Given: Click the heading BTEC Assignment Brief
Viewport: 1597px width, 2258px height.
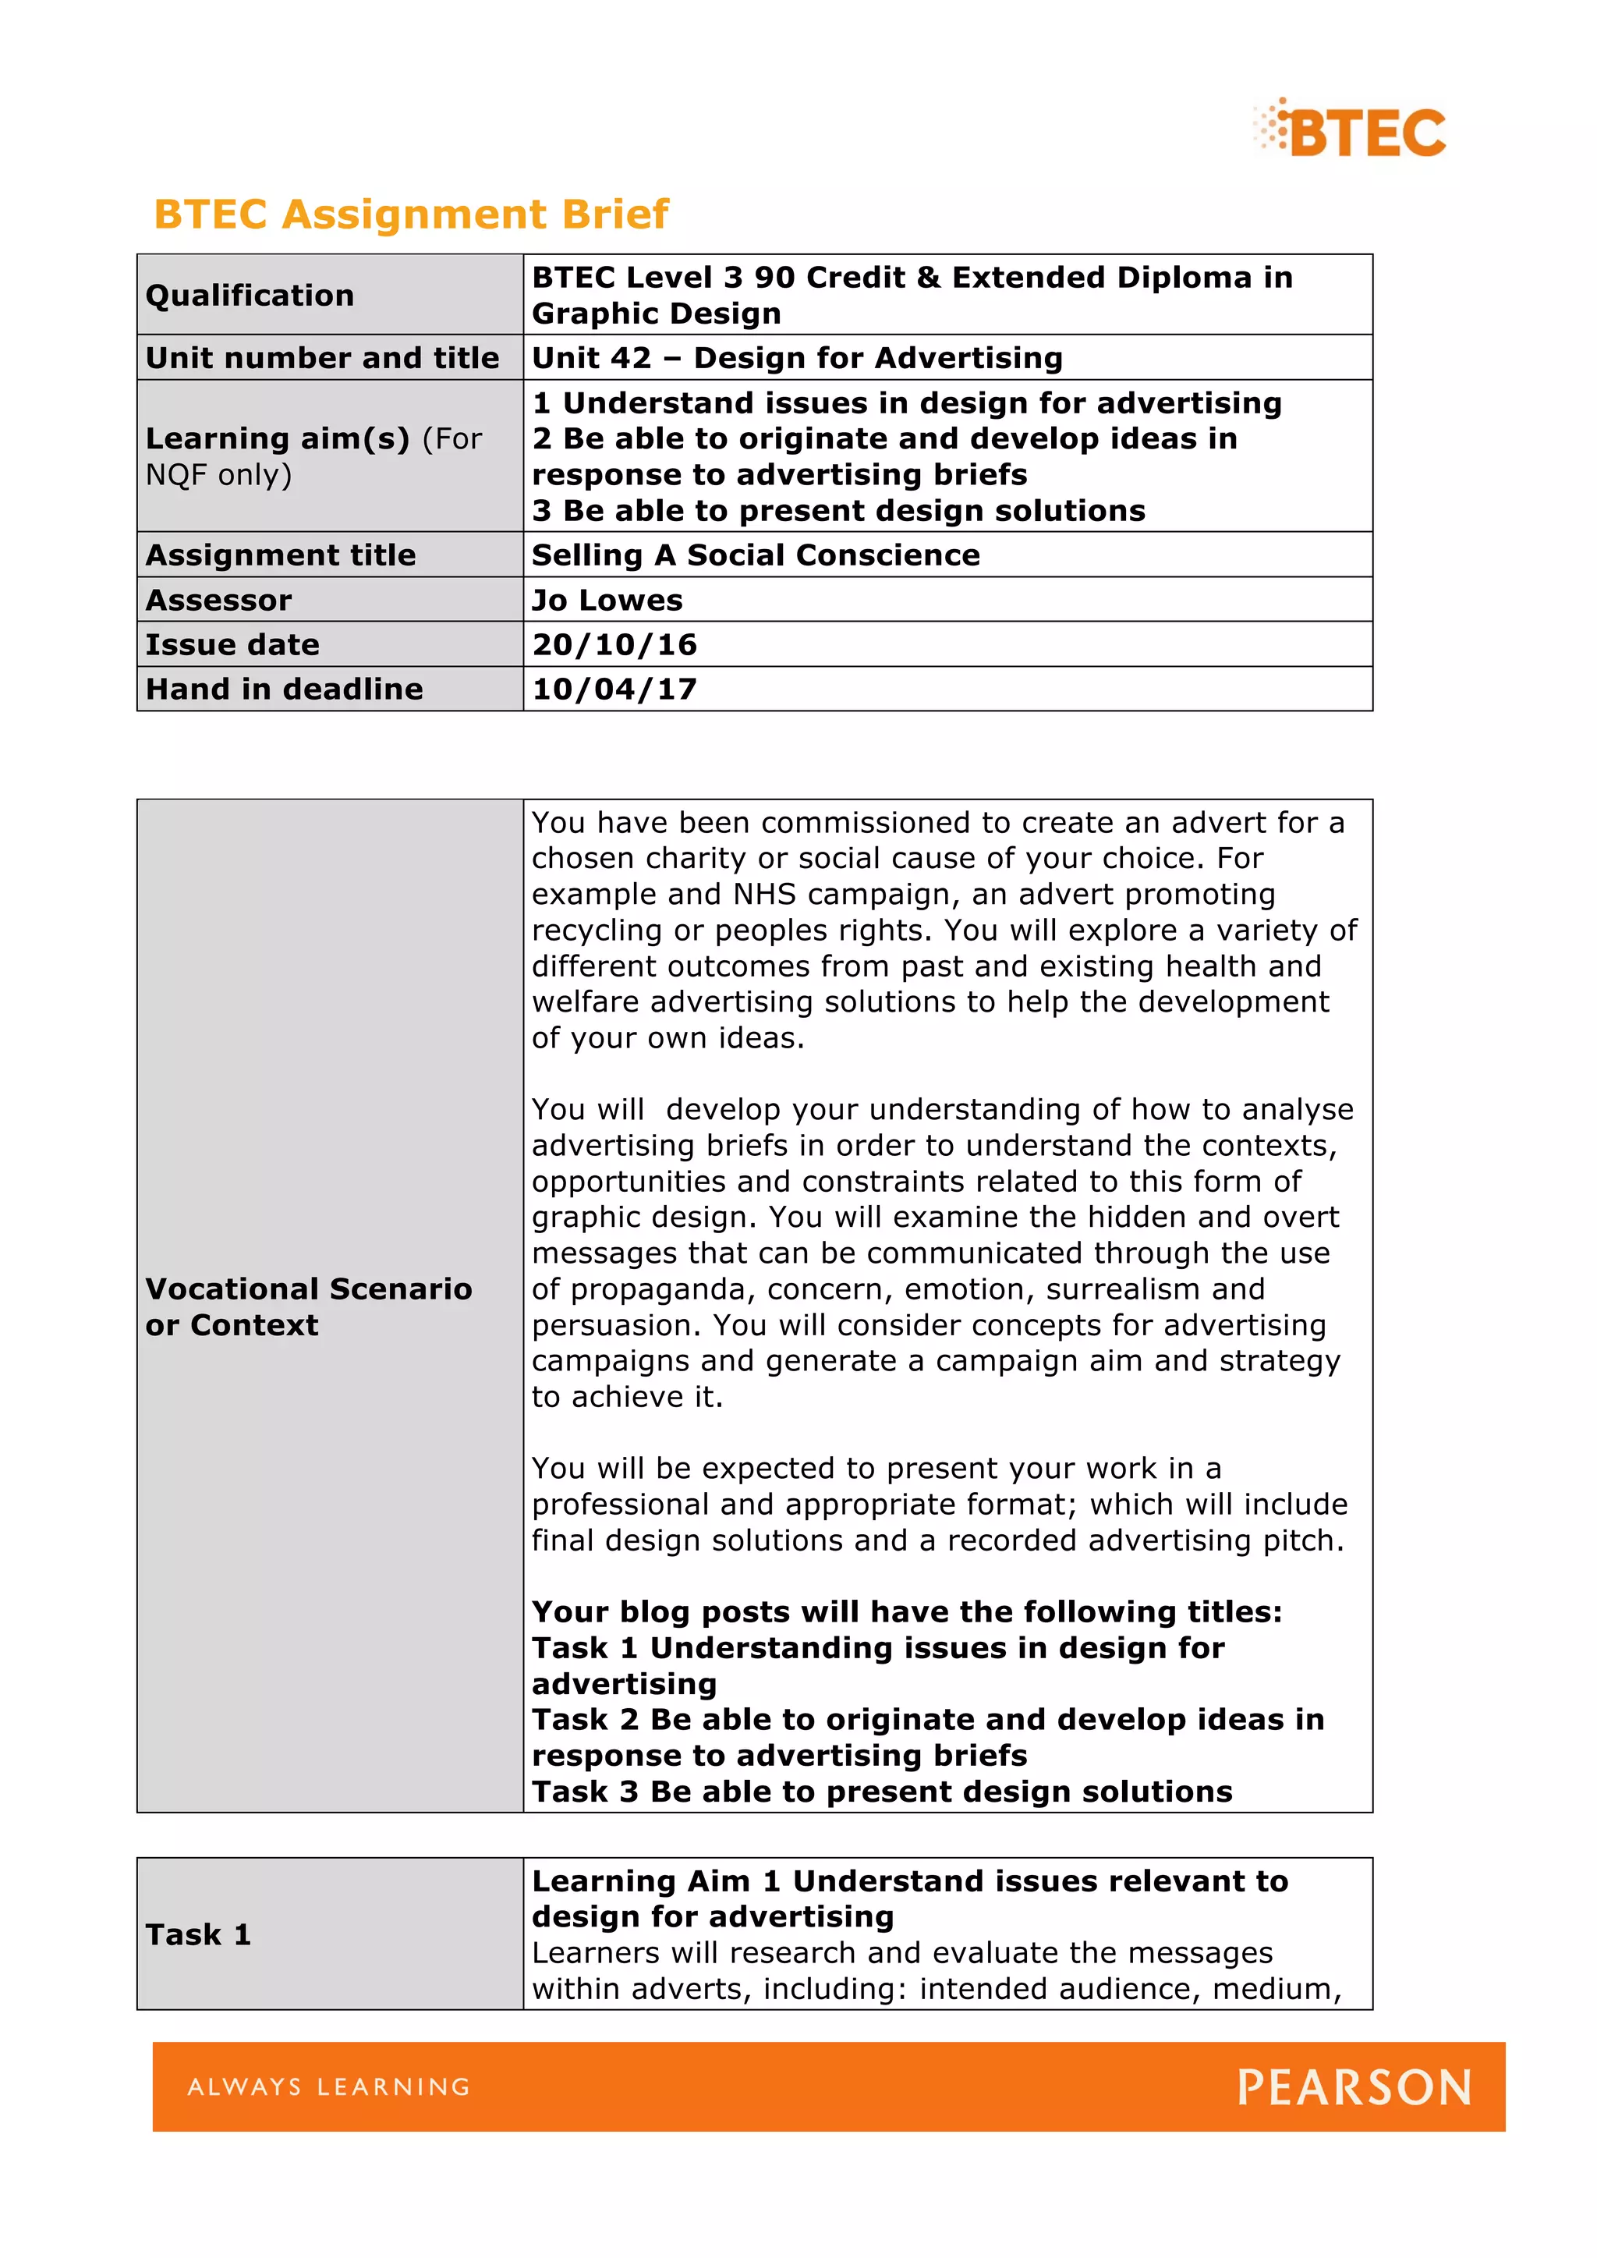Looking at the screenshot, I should [411, 214].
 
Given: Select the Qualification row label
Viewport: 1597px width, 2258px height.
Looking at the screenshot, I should [250, 295].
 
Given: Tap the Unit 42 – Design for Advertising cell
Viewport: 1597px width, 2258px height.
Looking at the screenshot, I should [796, 358].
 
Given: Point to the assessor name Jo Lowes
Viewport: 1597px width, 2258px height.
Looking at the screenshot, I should [607, 600].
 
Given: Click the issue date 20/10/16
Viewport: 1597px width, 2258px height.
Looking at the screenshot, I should [614, 645].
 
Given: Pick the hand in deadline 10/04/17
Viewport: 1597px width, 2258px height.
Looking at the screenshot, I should [614, 689].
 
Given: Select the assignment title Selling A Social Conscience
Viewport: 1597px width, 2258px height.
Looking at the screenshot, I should [756, 555].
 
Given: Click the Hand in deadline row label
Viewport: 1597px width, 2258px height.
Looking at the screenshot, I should [284, 689].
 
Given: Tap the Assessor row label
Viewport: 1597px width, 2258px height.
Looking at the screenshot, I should [218, 600].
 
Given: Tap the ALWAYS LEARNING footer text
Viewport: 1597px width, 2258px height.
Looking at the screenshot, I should [329, 2087].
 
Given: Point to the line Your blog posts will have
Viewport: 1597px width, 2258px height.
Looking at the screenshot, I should [905, 1612].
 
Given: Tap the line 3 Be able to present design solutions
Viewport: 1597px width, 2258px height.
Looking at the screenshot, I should [837, 512].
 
